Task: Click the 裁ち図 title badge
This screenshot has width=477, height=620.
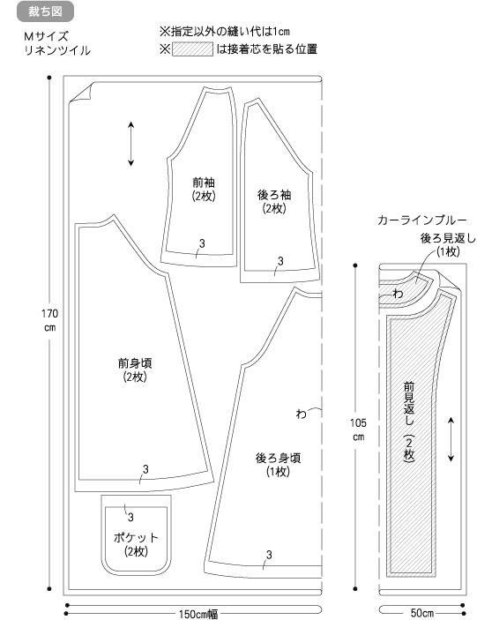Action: tap(45, 11)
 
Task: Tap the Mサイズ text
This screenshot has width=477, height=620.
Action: tap(46, 37)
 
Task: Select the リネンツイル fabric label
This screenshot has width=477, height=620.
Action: tap(57, 50)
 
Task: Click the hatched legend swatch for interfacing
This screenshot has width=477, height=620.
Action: tap(192, 49)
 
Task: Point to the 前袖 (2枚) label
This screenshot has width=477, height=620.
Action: tap(204, 189)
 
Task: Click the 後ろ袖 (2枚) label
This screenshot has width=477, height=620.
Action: tap(274, 202)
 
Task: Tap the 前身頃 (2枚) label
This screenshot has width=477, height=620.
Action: tap(135, 370)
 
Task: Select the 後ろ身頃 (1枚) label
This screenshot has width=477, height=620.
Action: tap(279, 465)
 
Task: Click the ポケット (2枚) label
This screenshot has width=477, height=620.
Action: tap(136, 544)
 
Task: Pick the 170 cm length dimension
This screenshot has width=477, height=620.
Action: tap(49, 321)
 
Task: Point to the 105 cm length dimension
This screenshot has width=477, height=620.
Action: tap(358, 430)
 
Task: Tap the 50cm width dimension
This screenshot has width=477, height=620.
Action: tap(422, 613)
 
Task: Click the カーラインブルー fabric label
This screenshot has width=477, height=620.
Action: tap(422, 220)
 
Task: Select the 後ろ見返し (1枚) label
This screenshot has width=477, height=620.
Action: tap(448, 245)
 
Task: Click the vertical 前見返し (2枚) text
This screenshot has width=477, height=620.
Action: tap(409, 421)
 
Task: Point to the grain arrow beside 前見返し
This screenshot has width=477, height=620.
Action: tap(451, 439)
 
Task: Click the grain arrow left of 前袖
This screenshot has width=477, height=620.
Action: tap(131, 144)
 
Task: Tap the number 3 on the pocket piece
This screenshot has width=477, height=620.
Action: tap(130, 517)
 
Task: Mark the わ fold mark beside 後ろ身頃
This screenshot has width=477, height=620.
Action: tap(302, 414)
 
